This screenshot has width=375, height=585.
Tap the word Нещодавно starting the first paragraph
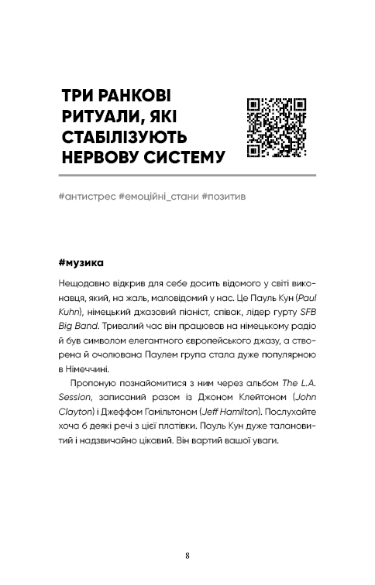click(84, 285)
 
